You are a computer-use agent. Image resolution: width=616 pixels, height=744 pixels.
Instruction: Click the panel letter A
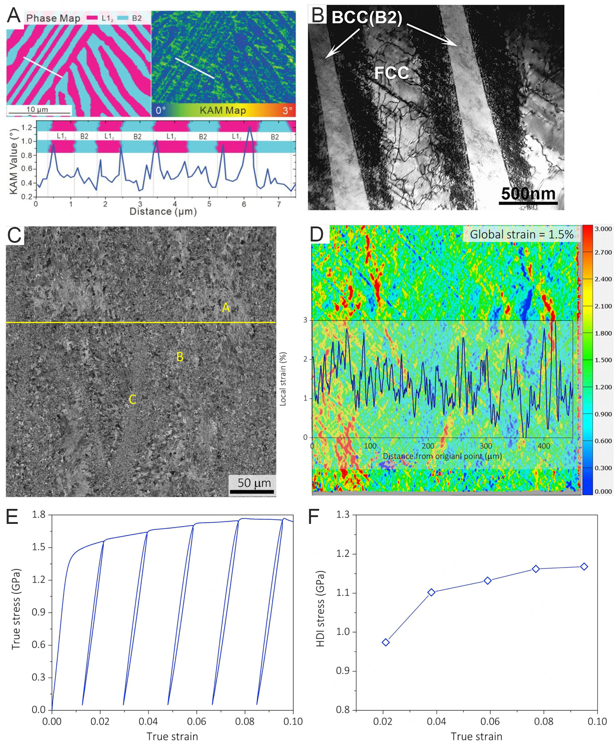[14, 15]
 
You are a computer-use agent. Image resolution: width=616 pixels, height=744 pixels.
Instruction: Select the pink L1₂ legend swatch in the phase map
[92, 18]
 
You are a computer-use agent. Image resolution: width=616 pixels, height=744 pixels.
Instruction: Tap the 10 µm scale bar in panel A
[39, 110]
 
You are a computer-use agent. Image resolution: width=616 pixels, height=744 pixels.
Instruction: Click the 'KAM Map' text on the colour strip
[223, 111]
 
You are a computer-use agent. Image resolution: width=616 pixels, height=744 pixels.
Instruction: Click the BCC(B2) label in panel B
[366, 18]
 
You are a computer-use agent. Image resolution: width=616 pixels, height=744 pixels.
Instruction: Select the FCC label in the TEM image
[391, 73]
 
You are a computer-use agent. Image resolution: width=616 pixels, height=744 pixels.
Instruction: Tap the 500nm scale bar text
[528, 193]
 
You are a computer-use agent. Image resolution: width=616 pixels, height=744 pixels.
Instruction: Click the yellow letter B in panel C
[180, 357]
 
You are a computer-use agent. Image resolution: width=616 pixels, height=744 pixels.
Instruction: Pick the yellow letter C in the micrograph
[132, 399]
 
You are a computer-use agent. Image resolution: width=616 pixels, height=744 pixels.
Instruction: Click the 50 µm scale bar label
[254, 483]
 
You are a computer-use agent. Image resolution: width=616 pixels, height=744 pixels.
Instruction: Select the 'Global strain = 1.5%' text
[521, 235]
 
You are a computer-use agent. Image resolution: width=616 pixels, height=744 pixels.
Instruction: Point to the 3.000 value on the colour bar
[603, 229]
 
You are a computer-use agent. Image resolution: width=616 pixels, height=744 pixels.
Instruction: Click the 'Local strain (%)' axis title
[283, 378]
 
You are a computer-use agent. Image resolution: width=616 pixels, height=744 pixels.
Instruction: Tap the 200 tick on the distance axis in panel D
[428, 446]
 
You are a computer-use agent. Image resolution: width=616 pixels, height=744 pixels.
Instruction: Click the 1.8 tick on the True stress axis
[39, 514]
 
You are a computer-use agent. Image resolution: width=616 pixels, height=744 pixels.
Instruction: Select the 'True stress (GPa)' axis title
[16, 608]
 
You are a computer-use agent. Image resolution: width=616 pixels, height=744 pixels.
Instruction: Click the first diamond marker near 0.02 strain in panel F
[386, 642]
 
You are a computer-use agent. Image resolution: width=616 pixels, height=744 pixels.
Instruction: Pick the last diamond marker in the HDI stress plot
[584, 567]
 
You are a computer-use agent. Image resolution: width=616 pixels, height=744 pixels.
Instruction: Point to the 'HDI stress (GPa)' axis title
[321, 608]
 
